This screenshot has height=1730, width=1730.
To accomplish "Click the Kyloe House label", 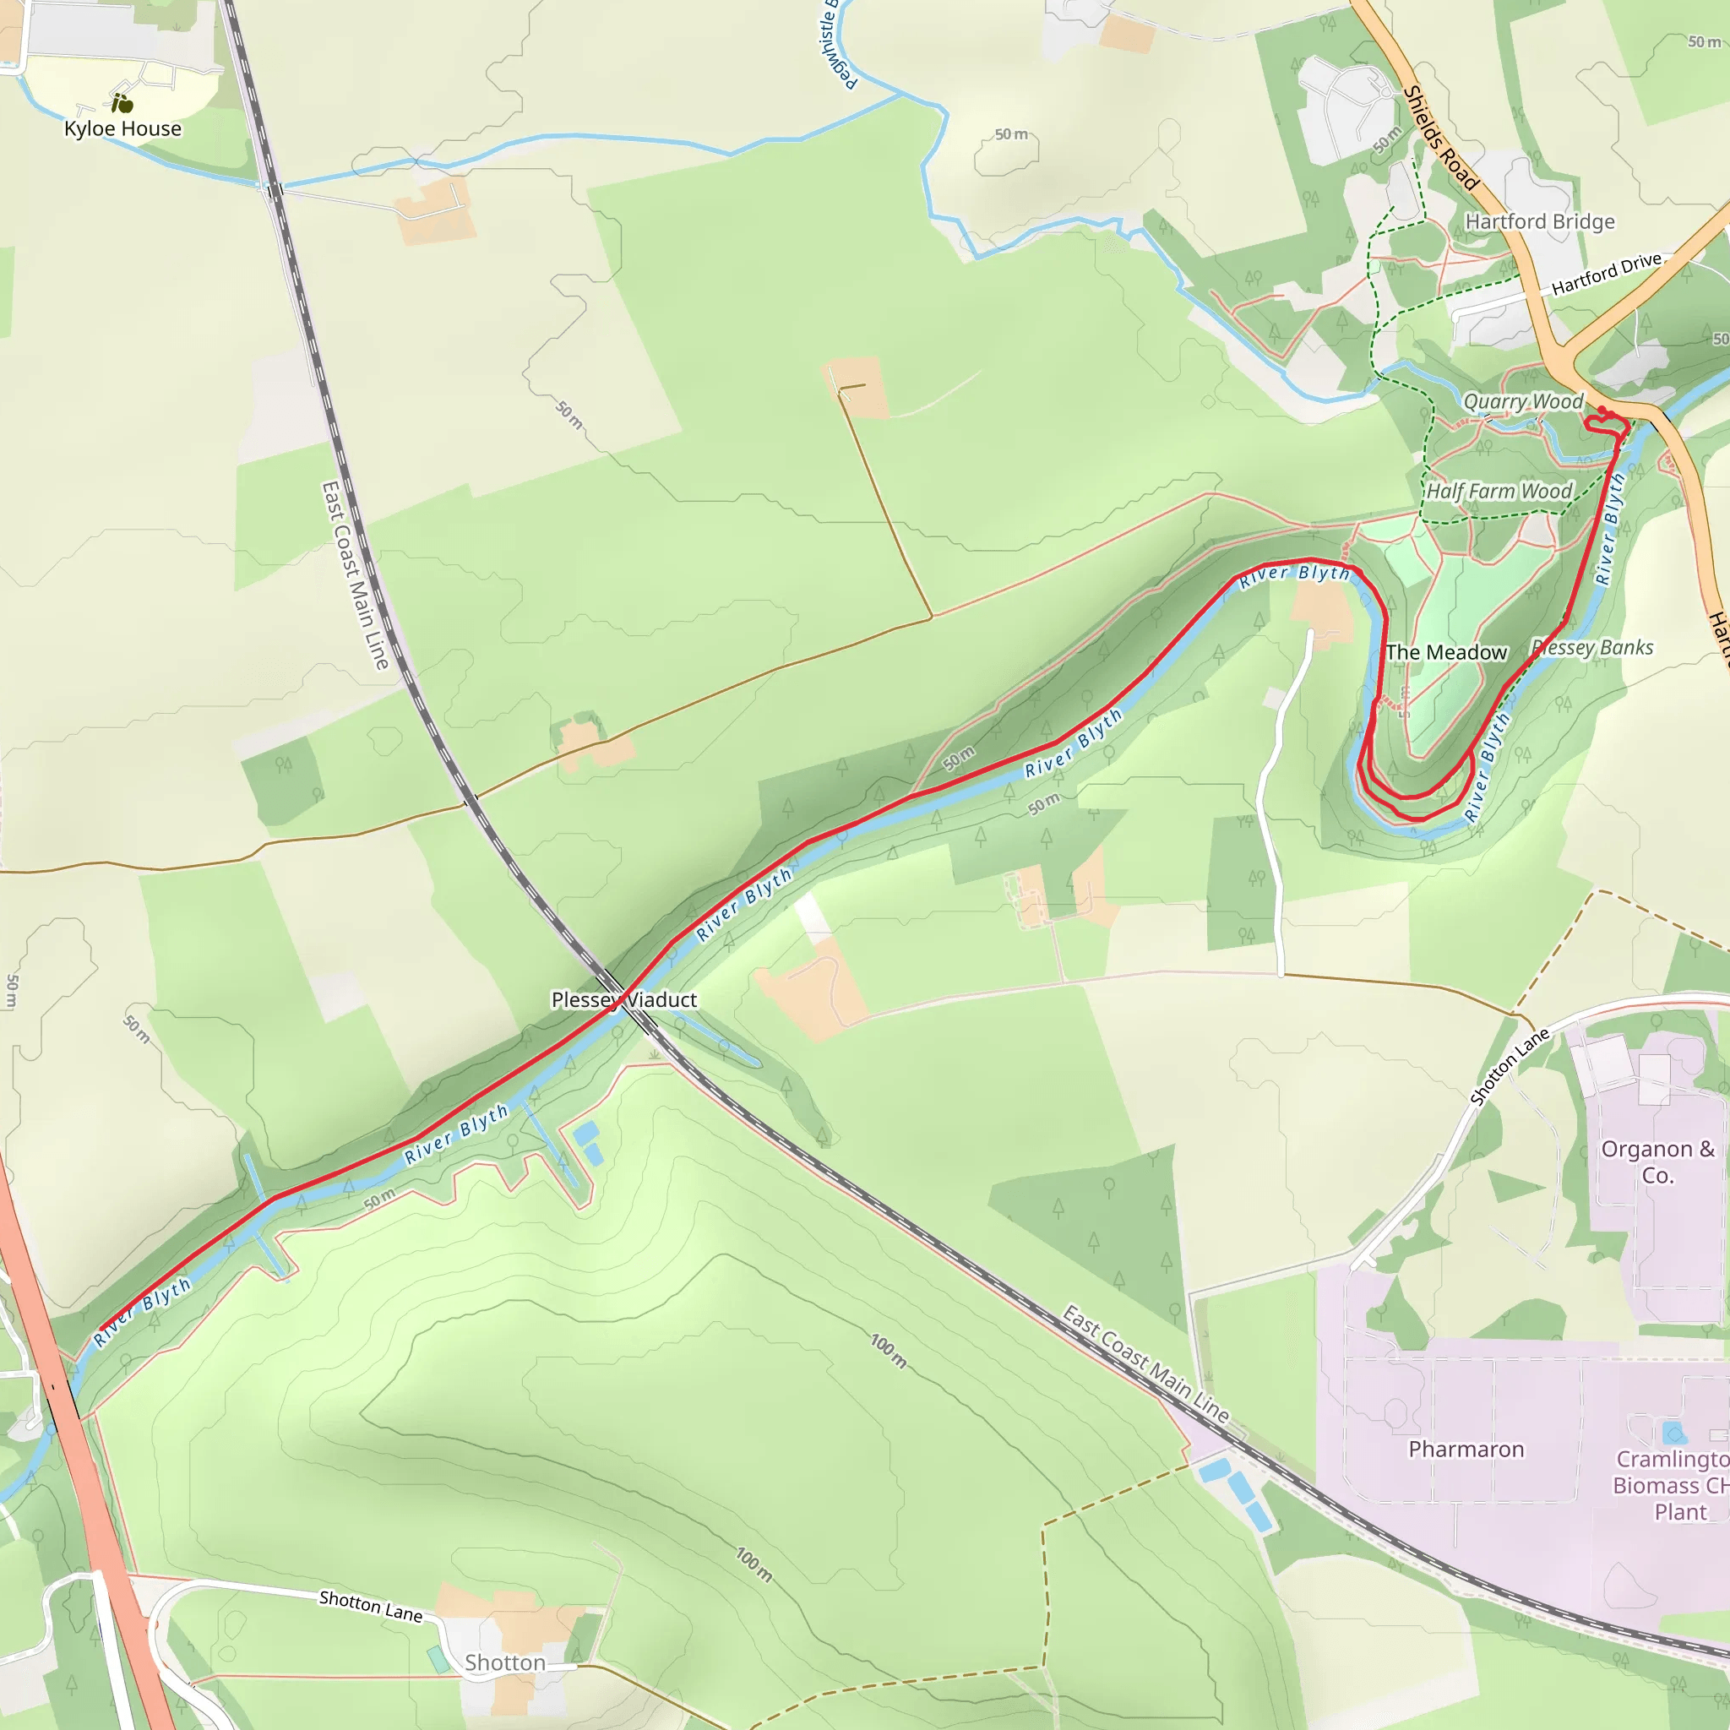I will click(122, 129).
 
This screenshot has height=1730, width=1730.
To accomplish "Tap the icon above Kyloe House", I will click(122, 103).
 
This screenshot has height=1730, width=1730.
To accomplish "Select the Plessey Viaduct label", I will click(623, 999).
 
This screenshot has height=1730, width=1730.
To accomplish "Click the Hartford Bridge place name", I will click(1539, 221).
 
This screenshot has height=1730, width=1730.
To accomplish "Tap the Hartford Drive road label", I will click(1607, 274).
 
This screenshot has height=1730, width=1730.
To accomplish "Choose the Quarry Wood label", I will click(1522, 401).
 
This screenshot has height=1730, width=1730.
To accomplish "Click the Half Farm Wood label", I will click(1499, 491).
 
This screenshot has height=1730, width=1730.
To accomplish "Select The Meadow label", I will click(1446, 653).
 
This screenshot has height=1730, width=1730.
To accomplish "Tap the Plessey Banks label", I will click(1593, 647).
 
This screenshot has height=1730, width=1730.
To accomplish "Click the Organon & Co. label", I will click(1657, 1161).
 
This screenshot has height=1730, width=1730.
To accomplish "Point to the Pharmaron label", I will click(1466, 1449).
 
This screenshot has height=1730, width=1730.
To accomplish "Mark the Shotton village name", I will click(505, 1662).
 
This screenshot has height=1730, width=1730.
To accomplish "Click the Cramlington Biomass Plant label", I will click(1671, 1486).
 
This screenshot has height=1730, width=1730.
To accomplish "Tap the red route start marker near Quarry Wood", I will click(1602, 411).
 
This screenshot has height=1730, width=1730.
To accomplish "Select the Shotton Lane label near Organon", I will click(1510, 1067).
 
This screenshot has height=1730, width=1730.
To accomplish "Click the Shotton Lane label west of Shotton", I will click(371, 1606).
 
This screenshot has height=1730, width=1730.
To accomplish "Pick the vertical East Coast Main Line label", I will click(355, 576).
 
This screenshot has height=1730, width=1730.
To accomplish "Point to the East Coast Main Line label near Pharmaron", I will click(1145, 1363).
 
